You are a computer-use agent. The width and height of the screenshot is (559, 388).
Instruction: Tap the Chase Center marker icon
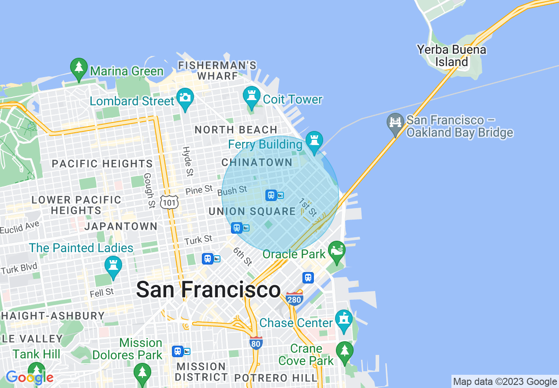pos(344,319)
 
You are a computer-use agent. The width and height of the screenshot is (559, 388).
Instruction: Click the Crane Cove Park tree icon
pos(344,351)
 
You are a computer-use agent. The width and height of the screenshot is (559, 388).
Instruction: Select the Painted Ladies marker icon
pos(113,266)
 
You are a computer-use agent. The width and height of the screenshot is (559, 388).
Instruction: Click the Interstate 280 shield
pos(294,299)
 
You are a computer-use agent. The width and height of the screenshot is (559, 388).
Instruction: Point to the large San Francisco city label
pos(208,290)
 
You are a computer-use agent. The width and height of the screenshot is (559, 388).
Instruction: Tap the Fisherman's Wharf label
pos(217,71)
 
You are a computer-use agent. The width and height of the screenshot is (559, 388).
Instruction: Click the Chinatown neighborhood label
pos(257,162)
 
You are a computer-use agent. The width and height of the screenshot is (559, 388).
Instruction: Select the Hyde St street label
pos(188,161)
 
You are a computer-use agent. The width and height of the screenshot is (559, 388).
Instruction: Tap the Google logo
pos(30,377)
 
